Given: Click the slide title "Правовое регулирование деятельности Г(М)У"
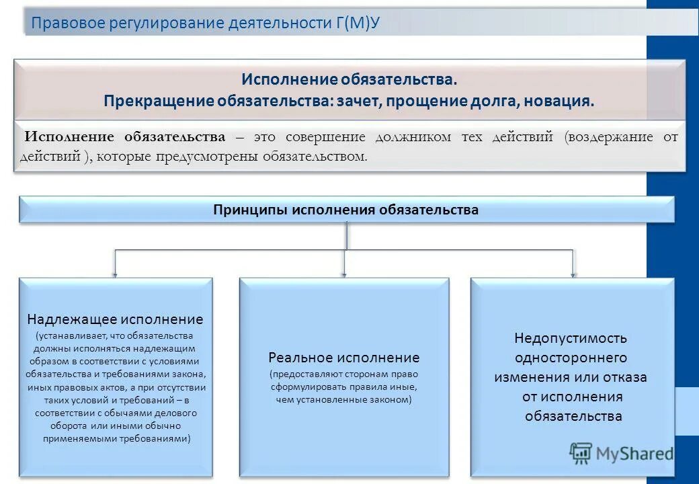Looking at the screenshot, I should [206, 24].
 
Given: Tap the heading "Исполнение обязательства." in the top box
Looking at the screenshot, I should [349, 79].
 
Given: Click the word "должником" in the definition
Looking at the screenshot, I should [413, 137].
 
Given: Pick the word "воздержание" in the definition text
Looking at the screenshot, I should [610, 137].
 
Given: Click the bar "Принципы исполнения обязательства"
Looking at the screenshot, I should [346, 210].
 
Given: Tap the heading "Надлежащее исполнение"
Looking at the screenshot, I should [115, 319].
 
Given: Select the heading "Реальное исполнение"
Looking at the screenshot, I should [343, 358].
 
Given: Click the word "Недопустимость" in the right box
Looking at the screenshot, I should [571, 337].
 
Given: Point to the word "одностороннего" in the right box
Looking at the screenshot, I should [571, 357].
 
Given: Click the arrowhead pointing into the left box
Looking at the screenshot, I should [115, 274].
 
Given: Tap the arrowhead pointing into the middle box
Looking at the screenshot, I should [344, 274].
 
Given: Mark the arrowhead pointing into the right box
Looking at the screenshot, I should [573, 274].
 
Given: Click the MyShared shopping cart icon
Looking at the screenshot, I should [580, 454].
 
